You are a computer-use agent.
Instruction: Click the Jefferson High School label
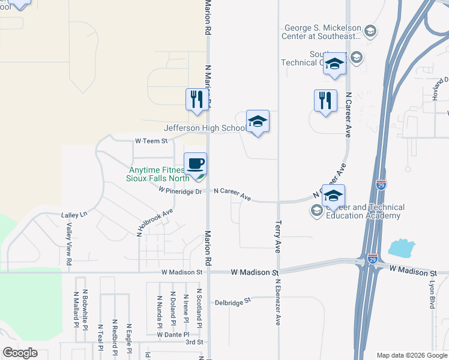[205, 128]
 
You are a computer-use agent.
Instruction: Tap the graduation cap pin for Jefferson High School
[258, 122]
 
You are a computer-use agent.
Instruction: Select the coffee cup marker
[195, 164]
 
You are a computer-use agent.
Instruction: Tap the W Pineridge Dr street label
[180, 191]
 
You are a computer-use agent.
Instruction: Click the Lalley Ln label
[74, 214]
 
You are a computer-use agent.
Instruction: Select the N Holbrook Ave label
[154, 223]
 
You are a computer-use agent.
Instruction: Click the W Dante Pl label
[173, 334]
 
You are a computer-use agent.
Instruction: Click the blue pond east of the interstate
[402, 248]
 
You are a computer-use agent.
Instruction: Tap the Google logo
[20, 353]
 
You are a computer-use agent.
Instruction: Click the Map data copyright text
[411, 355]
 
